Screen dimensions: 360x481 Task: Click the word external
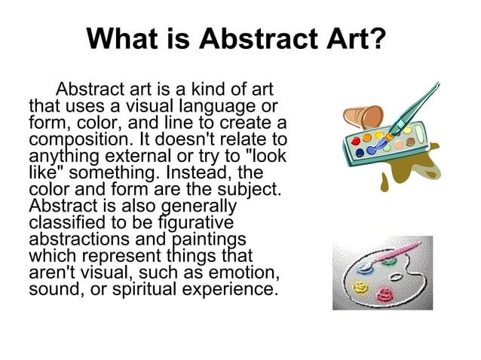click(137, 156)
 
